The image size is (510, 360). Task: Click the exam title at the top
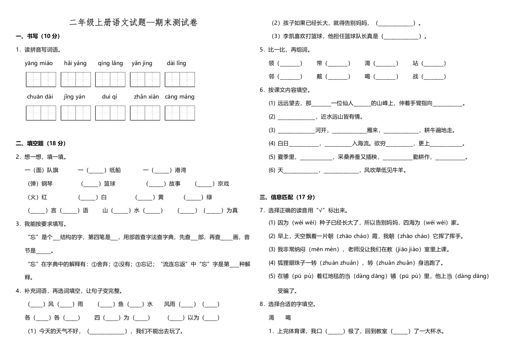click(x=133, y=22)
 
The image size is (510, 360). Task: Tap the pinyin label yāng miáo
click(x=39, y=63)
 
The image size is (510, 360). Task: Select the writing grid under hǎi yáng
click(x=76, y=80)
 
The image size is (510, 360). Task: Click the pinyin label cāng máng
click(x=180, y=97)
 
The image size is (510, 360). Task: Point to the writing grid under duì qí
click(x=110, y=113)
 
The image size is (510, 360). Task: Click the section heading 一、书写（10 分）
click(x=38, y=36)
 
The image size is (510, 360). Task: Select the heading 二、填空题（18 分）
click(x=41, y=144)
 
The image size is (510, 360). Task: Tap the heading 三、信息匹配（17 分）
click(x=287, y=197)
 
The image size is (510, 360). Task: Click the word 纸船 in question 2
click(x=115, y=170)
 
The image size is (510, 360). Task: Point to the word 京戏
click(x=223, y=184)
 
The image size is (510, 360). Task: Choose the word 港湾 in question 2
click(x=180, y=170)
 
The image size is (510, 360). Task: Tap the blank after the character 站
click(x=434, y=63)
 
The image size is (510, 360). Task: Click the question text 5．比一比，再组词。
click(x=285, y=50)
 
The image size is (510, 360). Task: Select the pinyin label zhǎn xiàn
click(x=146, y=97)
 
